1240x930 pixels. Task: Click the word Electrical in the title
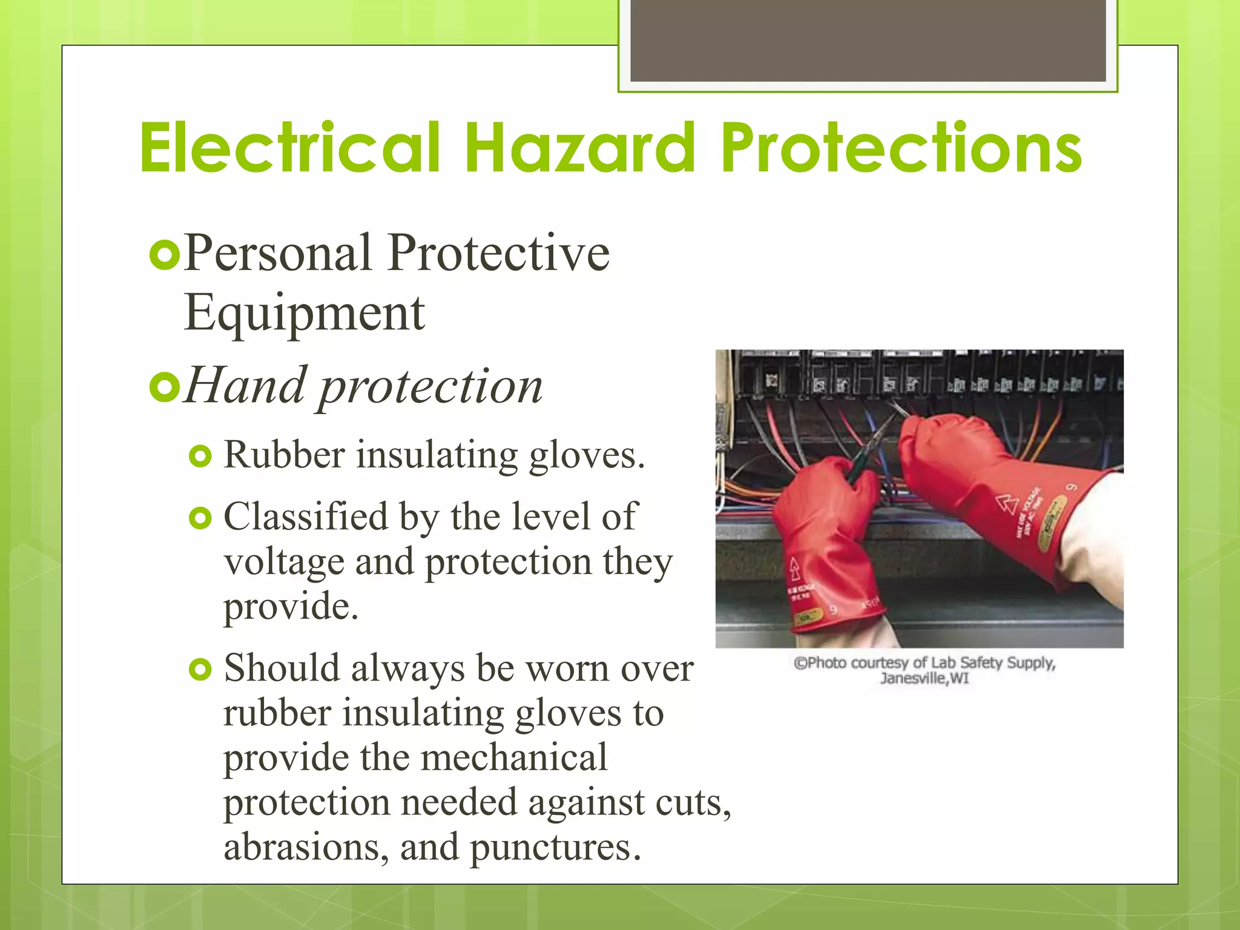click(x=289, y=148)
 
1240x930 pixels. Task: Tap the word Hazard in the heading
click(x=580, y=148)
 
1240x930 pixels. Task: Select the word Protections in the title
click(x=901, y=148)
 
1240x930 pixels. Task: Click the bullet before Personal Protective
click(x=164, y=255)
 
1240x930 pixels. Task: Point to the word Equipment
click(x=304, y=314)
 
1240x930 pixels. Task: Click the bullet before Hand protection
click(x=164, y=387)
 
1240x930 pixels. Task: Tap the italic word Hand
click(x=245, y=386)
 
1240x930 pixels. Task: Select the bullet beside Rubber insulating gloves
click(x=200, y=456)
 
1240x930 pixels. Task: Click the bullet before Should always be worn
click(x=200, y=669)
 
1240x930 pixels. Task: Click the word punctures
click(x=554, y=848)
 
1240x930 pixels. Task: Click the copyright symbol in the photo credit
click(x=800, y=664)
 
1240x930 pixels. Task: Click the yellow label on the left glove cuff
click(x=808, y=617)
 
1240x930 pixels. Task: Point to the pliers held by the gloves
click(x=872, y=445)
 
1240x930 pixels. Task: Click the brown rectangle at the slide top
click(x=868, y=41)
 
